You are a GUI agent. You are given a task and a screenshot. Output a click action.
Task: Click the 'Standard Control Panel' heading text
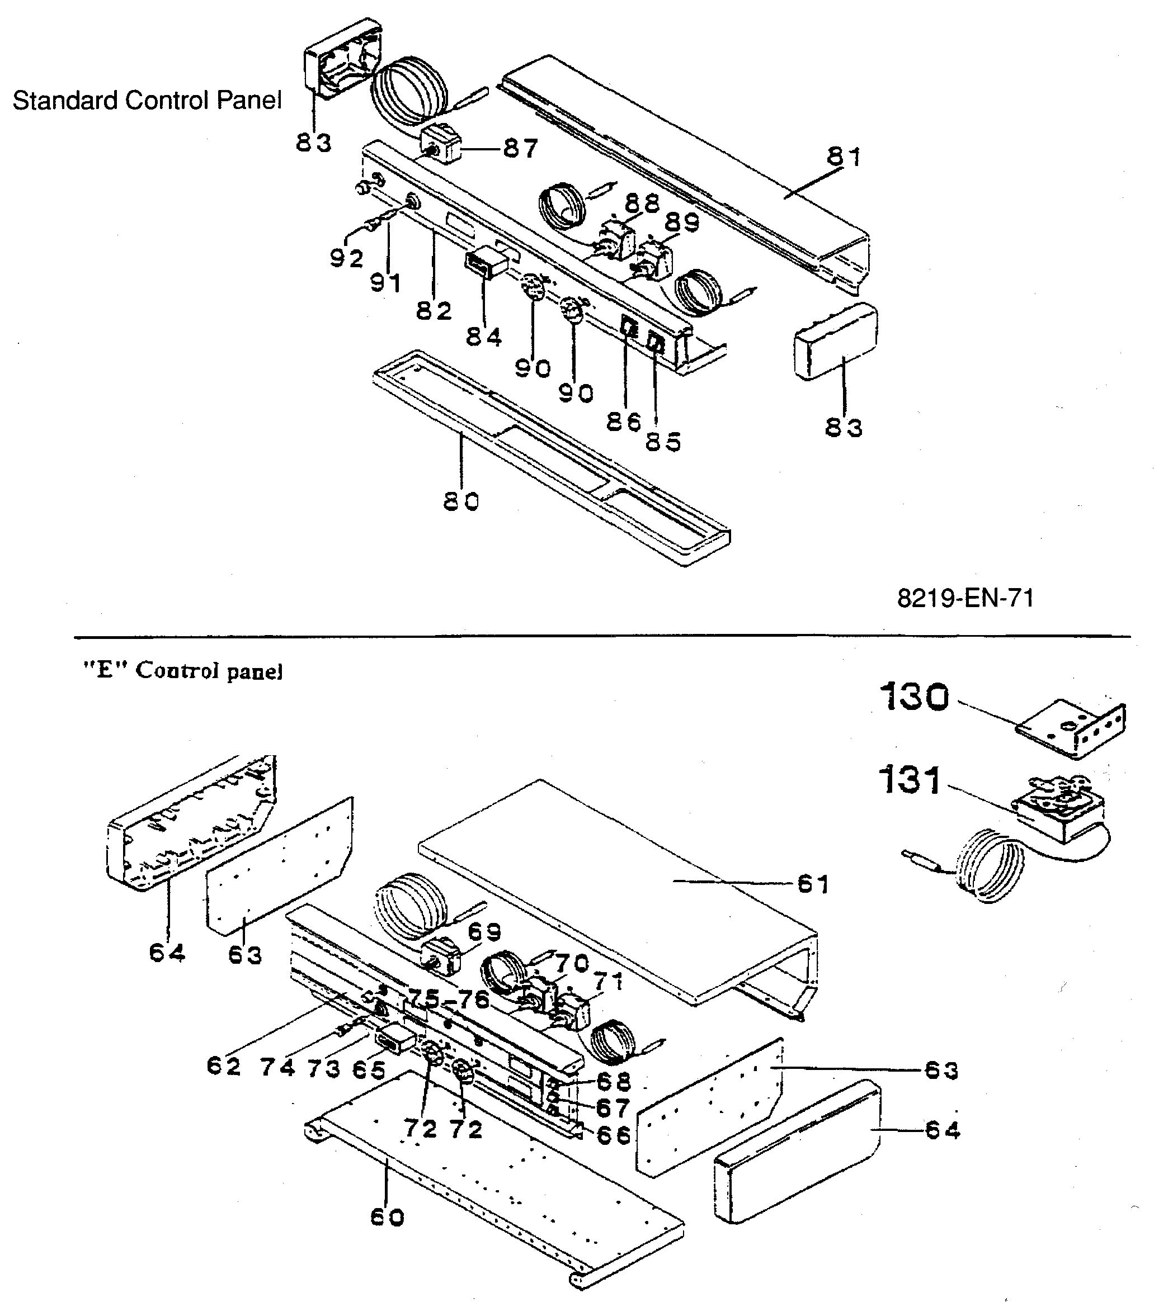pyautogui.click(x=147, y=101)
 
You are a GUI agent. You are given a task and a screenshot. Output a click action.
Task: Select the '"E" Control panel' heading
pyautogui.click(x=183, y=671)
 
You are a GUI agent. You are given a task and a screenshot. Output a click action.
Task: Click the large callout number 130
pyautogui.click(x=915, y=697)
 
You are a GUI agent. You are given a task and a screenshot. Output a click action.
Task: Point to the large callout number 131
pyautogui.click(x=911, y=781)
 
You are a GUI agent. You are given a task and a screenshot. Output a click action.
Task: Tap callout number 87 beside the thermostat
pyautogui.click(x=520, y=149)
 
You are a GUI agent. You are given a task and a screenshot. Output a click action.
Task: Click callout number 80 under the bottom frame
pyautogui.click(x=460, y=502)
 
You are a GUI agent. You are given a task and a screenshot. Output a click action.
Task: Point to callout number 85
pyautogui.click(x=663, y=442)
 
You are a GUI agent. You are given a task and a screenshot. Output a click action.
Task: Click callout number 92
pyautogui.click(x=347, y=258)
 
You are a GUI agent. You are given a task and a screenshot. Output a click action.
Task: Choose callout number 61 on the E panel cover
pyautogui.click(x=813, y=885)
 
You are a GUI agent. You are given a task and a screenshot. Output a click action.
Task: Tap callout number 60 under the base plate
pyautogui.click(x=388, y=1218)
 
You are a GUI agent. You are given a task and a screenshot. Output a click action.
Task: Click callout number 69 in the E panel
pyautogui.click(x=484, y=933)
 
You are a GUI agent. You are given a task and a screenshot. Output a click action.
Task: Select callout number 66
pyautogui.click(x=614, y=1135)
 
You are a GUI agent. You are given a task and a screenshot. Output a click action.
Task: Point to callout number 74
pyautogui.click(x=277, y=1068)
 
